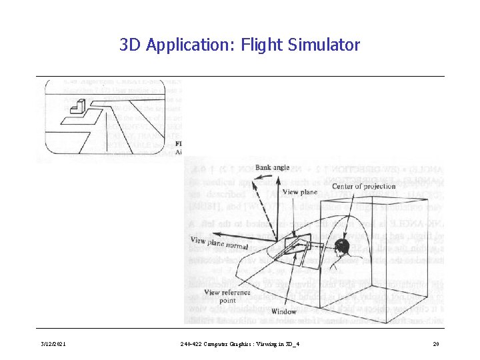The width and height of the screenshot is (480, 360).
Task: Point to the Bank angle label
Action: click(x=272, y=168)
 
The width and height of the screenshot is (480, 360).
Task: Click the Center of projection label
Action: click(x=363, y=186)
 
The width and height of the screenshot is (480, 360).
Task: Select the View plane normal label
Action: click(x=219, y=243)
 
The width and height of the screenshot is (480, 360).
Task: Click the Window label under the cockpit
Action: click(x=284, y=311)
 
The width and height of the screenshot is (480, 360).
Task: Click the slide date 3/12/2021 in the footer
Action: click(x=51, y=344)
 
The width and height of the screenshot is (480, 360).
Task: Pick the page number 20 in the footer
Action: click(x=435, y=344)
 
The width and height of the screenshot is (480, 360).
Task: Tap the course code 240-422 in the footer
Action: click(x=192, y=344)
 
